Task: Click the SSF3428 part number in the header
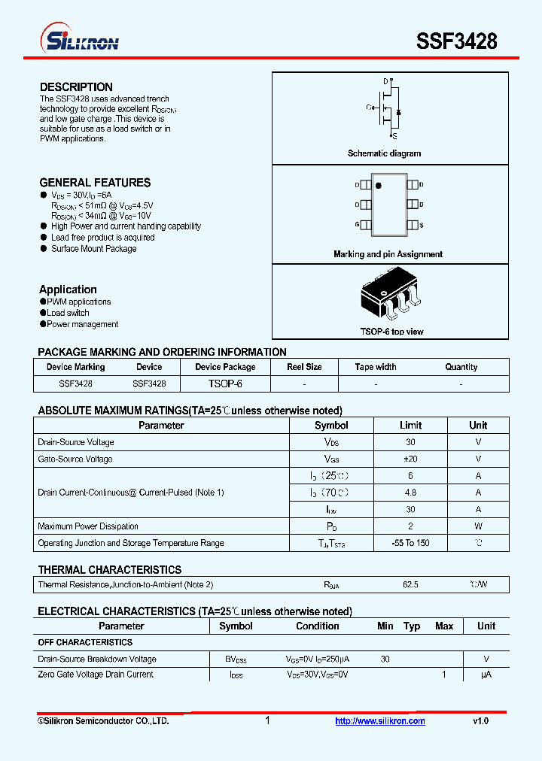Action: pyautogui.click(x=457, y=41)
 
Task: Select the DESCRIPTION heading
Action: pyautogui.click(x=76, y=87)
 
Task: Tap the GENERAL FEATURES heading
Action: pyautogui.click(x=95, y=183)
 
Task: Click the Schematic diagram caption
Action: pyautogui.click(x=384, y=153)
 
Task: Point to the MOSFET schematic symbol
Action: pyautogui.click(x=389, y=109)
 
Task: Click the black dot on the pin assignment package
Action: pyautogui.click(x=379, y=185)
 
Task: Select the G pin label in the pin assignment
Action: pyautogui.click(x=357, y=225)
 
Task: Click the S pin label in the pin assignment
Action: pyautogui.click(x=421, y=225)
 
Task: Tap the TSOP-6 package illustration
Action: pyautogui.click(x=388, y=296)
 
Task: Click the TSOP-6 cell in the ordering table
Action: pyautogui.click(x=225, y=384)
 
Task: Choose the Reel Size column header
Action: pyautogui.click(x=304, y=367)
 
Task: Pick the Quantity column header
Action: pyautogui.click(x=461, y=367)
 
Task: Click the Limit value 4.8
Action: pyautogui.click(x=410, y=493)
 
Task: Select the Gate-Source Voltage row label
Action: pyautogui.click(x=75, y=459)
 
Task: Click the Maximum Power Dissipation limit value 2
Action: pyautogui.click(x=410, y=526)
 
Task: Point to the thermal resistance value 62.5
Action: pyautogui.click(x=410, y=584)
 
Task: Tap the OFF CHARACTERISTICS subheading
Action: pyautogui.click(x=85, y=642)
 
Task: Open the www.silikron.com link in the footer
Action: pyautogui.click(x=380, y=721)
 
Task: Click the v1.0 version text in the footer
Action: pyautogui.click(x=480, y=721)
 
